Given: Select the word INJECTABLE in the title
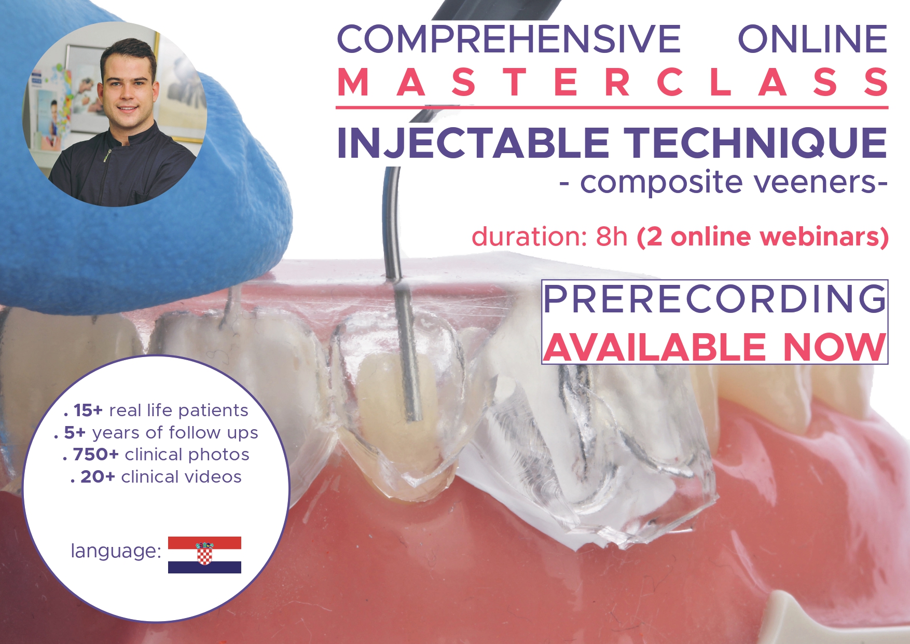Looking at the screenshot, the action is coord(473,143).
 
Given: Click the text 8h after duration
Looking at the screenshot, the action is coord(612,237).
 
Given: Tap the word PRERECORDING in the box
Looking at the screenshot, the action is coord(715,299).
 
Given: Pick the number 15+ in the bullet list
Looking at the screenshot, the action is coord(88,410).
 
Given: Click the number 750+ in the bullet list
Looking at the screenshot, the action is coord(96,455).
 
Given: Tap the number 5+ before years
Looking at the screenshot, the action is coord(75,433).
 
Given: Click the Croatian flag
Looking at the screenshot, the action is coord(204,555).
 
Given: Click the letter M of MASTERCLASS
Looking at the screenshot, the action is coord(353,83).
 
